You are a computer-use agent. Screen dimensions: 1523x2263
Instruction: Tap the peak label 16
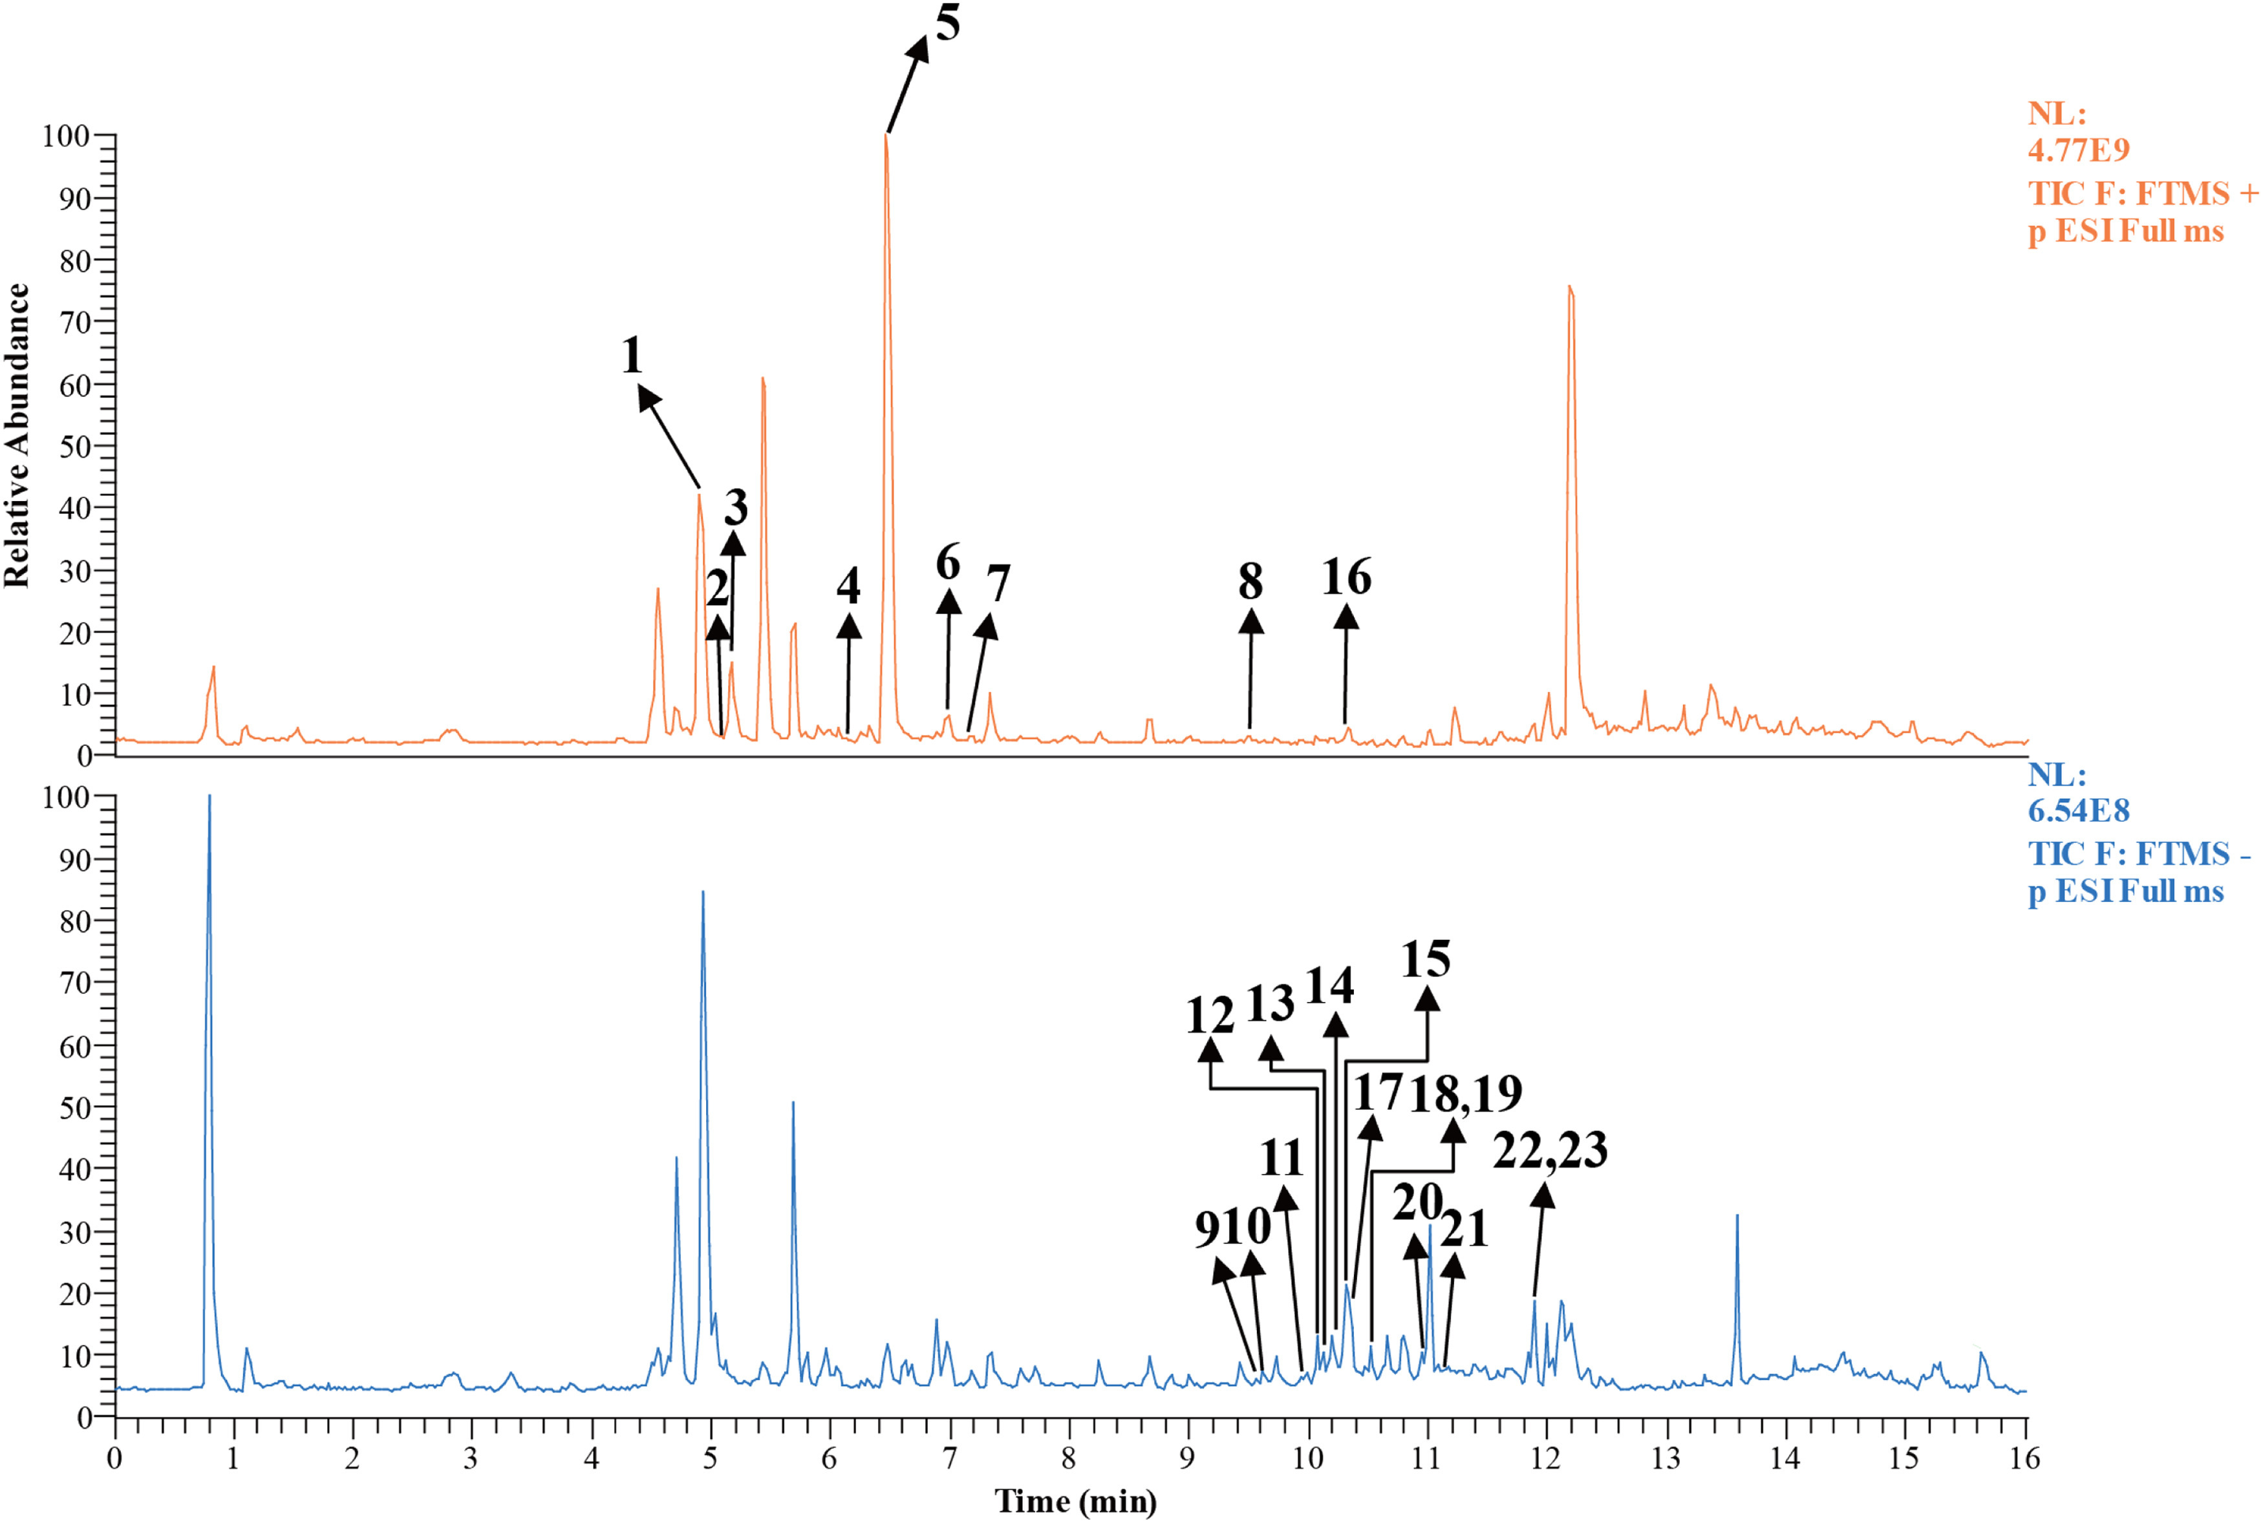(1346, 577)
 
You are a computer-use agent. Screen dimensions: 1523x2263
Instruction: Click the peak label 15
(1426, 960)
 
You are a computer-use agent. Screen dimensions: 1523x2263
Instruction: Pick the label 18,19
(1466, 1094)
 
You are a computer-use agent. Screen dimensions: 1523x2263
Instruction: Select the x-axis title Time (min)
(1075, 1500)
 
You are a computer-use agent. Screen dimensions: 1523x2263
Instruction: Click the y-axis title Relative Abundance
(17, 435)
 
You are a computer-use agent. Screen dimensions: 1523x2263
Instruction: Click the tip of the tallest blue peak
(209, 796)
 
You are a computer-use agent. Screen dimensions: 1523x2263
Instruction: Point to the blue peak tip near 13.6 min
(1737, 1215)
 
